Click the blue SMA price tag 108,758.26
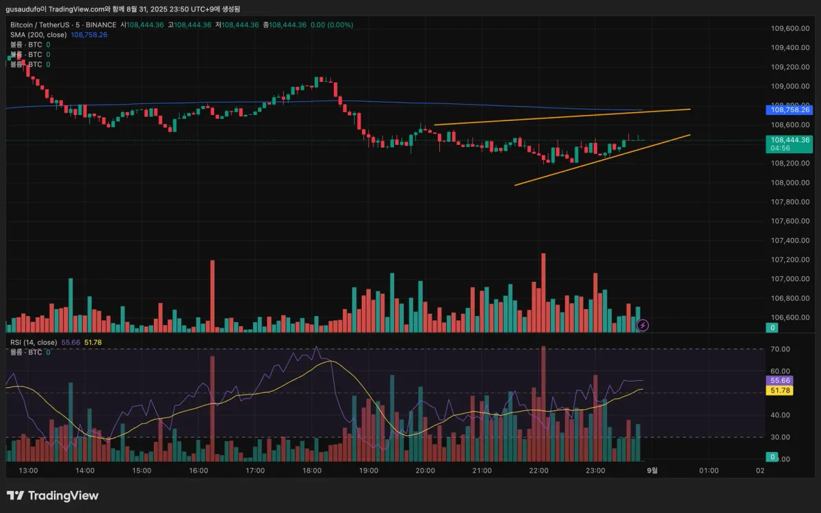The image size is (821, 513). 791,109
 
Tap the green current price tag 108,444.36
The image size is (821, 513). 791,140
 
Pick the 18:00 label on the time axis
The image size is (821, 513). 312,471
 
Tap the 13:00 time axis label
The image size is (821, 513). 28,471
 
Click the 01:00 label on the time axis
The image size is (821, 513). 709,471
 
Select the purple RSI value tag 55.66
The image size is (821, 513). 780,380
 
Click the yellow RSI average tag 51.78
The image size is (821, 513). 780,391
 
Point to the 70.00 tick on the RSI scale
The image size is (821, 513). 781,350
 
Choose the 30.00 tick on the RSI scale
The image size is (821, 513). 781,437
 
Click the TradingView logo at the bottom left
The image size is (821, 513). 53,496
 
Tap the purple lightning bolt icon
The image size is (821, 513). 642,326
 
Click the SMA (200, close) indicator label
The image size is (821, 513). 38,34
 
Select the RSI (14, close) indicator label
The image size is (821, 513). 34,342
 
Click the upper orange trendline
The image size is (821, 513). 561,117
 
